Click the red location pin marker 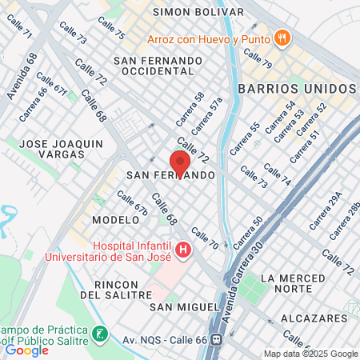point(179,162)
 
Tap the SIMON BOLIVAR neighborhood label point(198,12)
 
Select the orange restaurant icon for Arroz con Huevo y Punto point(282,38)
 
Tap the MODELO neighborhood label point(110,219)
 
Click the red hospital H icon point(183,251)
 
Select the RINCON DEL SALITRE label point(123,290)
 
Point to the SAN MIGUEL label point(185,306)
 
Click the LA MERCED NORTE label point(306,285)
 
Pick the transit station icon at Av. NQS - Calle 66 point(215,338)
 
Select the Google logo point(27,350)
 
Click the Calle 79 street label point(258,58)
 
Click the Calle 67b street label point(133,202)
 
